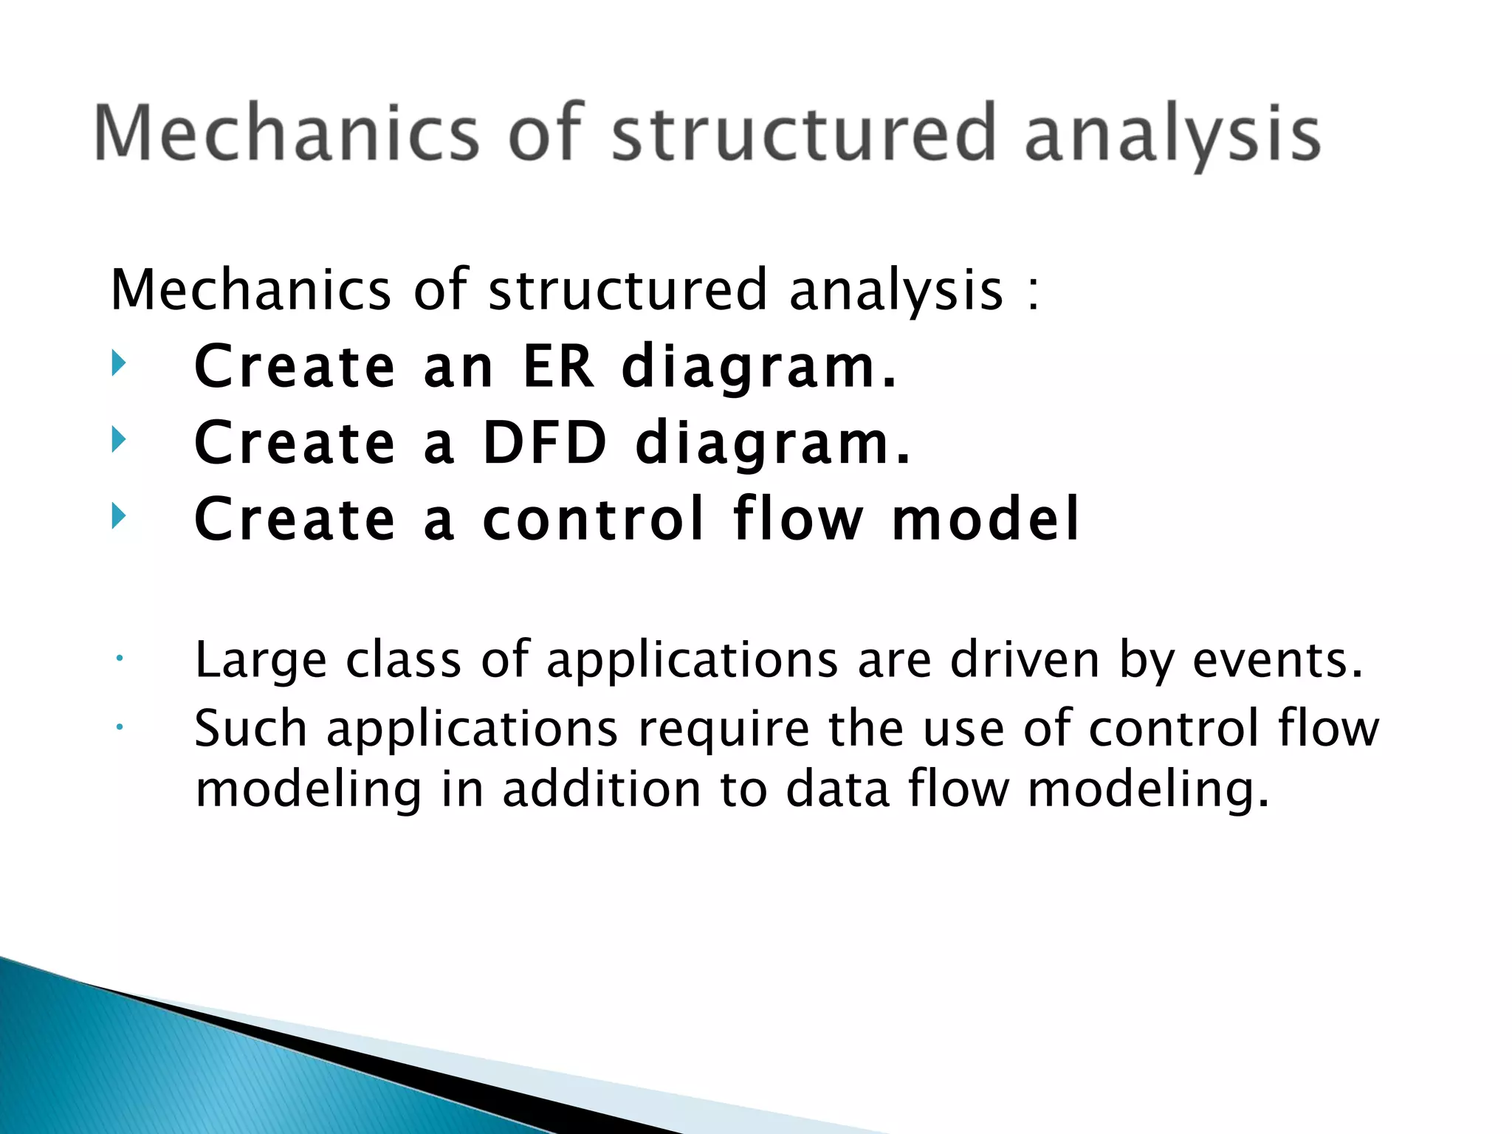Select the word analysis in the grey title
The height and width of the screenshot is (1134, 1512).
[1172, 137]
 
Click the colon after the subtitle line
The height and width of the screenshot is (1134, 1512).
[1033, 292]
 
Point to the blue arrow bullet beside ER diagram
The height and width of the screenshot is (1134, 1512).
[119, 363]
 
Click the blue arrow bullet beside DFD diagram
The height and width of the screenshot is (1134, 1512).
[119, 440]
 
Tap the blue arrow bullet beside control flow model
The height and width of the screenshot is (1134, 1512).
[119, 516]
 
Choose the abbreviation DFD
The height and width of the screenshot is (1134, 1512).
[544, 442]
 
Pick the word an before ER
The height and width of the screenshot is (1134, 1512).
[458, 367]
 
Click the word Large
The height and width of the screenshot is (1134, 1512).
[261, 659]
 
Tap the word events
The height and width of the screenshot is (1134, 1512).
[1277, 659]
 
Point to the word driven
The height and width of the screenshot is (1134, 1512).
[1025, 659]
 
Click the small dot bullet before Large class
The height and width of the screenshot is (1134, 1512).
[118, 657]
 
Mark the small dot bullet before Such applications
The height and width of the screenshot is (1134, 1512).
[118, 726]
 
